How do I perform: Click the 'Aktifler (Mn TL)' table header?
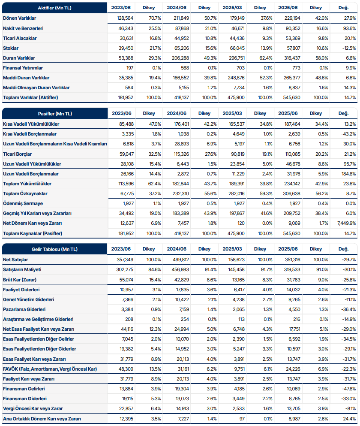point(55,8)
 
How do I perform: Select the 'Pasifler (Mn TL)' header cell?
point(55,114)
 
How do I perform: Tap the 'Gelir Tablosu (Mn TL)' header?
point(55,249)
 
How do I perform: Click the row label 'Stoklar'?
point(11,48)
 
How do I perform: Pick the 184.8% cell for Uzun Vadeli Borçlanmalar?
point(349,174)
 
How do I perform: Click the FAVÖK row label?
point(49,369)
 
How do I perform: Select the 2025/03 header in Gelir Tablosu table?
point(232,249)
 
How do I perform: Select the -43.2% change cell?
point(348,134)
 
